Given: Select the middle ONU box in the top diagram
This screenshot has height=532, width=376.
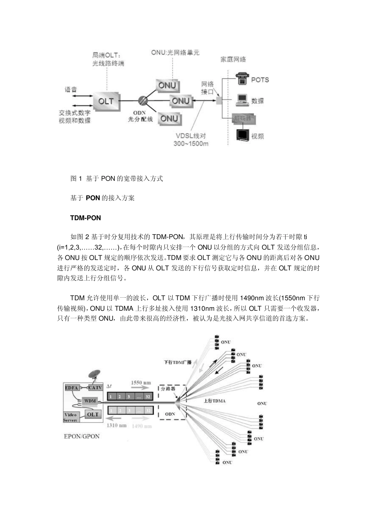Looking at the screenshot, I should tap(180, 101).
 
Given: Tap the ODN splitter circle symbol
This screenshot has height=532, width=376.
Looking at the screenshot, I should tap(143, 101).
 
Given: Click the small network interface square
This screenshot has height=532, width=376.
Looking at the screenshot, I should tap(219, 101).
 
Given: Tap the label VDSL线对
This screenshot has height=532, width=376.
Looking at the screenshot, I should tap(191, 136).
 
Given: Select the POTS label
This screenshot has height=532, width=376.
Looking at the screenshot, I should tap(260, 80).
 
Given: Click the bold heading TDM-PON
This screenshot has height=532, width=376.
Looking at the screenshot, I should tap(85, 218).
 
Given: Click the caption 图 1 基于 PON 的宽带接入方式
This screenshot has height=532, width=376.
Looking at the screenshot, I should tap(116, 179).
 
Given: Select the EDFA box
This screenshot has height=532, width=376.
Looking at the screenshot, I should tap(72, 388).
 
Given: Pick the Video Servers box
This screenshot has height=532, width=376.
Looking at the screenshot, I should tap(71, 417).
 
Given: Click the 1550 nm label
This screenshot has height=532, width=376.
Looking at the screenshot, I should tap(141, 383).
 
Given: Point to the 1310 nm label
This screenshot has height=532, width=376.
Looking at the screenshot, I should tap(117, 426).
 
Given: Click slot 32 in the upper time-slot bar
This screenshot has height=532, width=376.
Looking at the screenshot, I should tap(147, 396).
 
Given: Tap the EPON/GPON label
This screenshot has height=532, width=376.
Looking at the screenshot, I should tap(82, 436).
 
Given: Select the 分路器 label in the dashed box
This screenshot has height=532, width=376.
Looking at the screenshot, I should tap(168, 389).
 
